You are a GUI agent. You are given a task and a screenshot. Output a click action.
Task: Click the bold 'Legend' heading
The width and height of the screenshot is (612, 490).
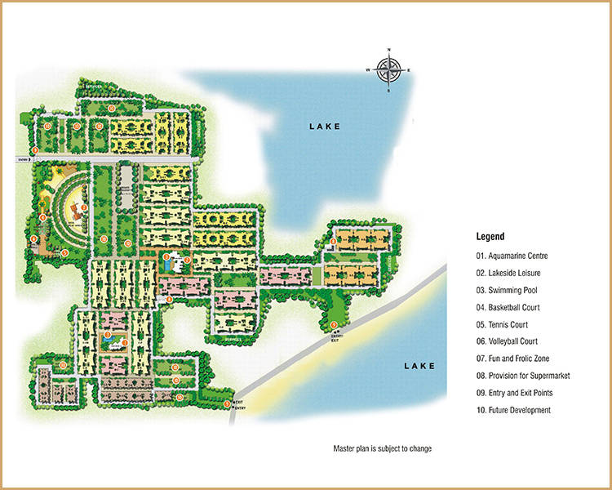490,236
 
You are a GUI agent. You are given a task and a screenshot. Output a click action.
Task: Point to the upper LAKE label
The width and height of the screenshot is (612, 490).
324,127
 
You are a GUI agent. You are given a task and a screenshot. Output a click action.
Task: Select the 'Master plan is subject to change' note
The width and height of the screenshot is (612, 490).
382,449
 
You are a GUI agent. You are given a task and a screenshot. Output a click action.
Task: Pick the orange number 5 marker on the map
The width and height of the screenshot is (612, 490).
64,252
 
